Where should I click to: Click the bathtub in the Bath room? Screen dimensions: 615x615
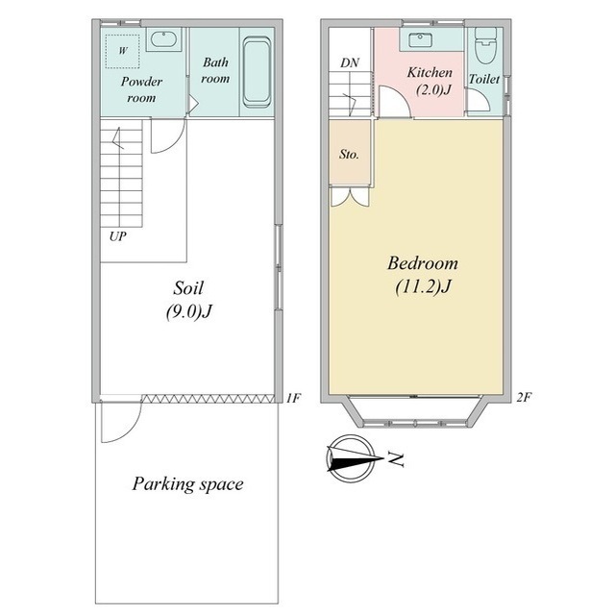[257, 73]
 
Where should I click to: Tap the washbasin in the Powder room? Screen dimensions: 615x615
[164, 39]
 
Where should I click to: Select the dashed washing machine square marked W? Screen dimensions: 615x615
[123, 51]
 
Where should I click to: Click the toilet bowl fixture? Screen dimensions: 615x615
[485, 46]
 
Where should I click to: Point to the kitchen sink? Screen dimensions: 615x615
[420, 39]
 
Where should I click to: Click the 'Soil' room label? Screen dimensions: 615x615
[188, 288]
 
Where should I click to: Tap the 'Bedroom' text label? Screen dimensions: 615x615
[423, 262]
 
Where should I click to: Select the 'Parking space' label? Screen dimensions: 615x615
[188, 484]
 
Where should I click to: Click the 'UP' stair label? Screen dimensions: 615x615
[118, 236]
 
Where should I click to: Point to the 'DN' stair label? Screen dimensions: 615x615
[350, 62]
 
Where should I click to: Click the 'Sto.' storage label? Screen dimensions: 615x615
[349, 154]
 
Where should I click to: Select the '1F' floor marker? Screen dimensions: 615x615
[292, 399]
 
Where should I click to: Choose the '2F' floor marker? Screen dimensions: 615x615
[524, 397]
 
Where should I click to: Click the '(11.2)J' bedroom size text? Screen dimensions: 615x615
[423, 286]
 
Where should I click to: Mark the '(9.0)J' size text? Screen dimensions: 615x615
[188, 311]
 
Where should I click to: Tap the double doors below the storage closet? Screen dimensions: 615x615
[350, 196]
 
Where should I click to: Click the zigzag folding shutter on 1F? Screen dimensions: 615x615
[208, 399]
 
